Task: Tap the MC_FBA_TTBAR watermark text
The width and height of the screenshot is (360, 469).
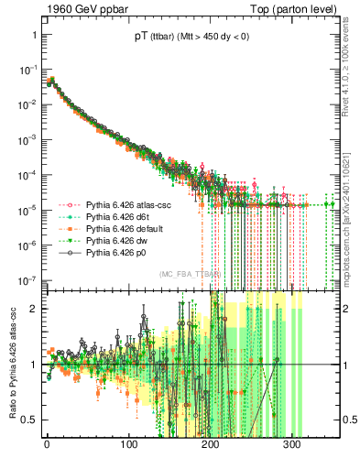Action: (x=191, y=274)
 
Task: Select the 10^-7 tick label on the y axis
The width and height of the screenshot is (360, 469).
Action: (x=28, y=279)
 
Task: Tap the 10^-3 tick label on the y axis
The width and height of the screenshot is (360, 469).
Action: (x=28, y=140)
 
